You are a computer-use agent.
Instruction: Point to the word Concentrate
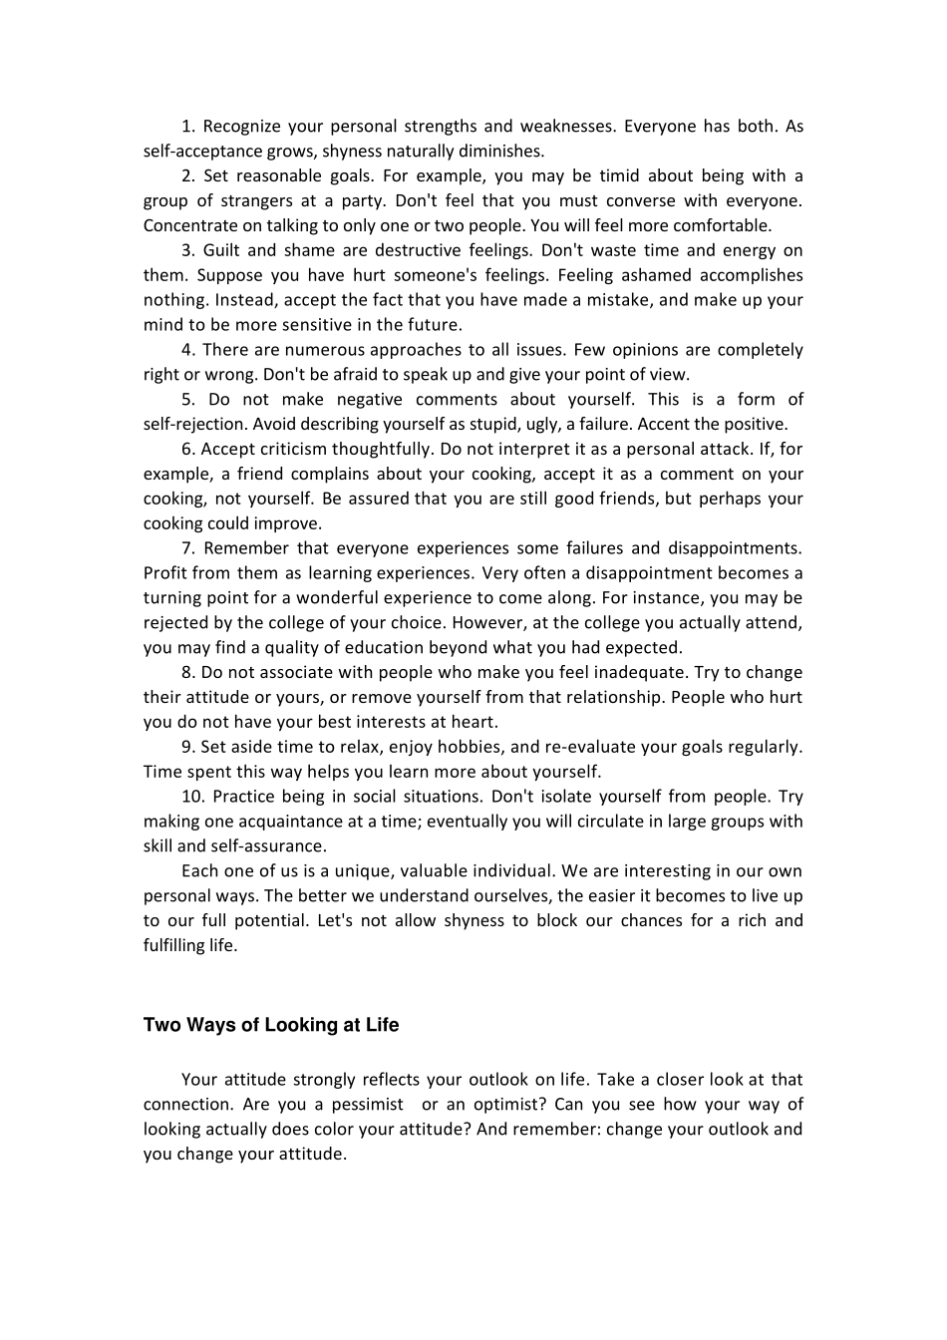coord(189,226)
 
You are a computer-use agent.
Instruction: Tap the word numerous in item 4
coord(325,350)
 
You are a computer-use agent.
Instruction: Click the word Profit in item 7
coord(165,573)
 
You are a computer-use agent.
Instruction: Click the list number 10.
coord(192,797)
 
